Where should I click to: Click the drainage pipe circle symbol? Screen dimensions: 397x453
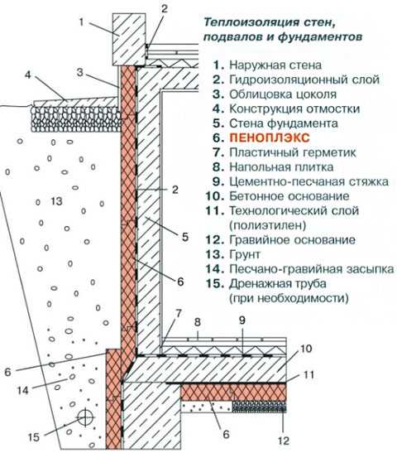click(x=85, y=417)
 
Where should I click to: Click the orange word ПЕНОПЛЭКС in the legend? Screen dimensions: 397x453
click(x=270, y=137)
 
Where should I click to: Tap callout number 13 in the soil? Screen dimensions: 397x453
click(x=56, y=201)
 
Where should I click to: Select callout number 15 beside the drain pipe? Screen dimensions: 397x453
click(x=33, y=436)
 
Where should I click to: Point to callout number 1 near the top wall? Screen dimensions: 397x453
click(x=81, y=22)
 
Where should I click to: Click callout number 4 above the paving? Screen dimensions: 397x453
click(x=27, y=75)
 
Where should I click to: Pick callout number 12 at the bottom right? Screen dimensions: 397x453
click(x=284, y=441)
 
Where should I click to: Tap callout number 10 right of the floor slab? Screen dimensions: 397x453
click(x=306, y=349)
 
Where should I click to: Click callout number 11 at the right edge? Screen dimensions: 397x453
click(x=309, y=375)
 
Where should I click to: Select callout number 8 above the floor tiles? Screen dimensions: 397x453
click(x=198, y=322)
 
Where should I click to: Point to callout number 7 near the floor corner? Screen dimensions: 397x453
click(x=179, y=314)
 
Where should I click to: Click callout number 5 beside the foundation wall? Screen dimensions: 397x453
click(x=185, y=237)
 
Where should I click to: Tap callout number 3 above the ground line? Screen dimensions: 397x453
click(x=80, y=72)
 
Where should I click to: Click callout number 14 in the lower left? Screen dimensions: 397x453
click(x=22, y=391)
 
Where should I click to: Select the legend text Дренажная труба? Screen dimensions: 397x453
click(x=278, y=284)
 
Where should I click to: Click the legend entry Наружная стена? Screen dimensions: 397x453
click(x=275, y=65)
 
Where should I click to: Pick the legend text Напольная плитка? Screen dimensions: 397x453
click(x=281, y=167)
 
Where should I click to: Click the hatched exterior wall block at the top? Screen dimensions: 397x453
click(x=129, y=40)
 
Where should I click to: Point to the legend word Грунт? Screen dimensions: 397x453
click(x=245, y=255)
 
